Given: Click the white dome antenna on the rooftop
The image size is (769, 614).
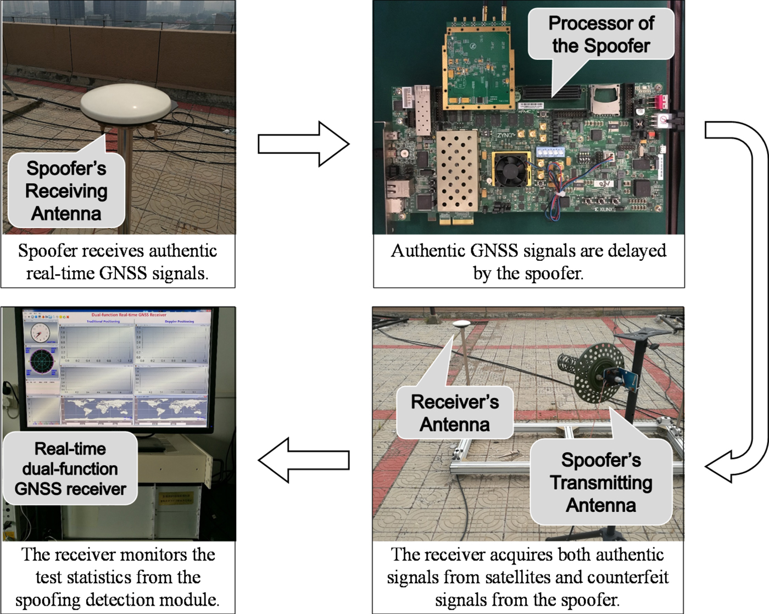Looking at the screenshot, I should [125, 105].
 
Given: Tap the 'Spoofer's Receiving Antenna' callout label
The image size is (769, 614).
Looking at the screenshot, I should [66, 191].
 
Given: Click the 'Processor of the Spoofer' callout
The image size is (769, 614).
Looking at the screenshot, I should [601, 34].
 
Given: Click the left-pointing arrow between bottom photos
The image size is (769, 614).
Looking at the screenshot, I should [303, 460].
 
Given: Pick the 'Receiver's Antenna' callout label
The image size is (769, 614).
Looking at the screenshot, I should [455, 413].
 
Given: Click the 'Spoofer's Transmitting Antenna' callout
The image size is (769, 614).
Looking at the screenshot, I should [601, 482].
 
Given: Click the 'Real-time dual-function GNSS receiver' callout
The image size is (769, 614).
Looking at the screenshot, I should [70, 468].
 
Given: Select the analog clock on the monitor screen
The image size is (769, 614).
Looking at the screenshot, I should [40, 333].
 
